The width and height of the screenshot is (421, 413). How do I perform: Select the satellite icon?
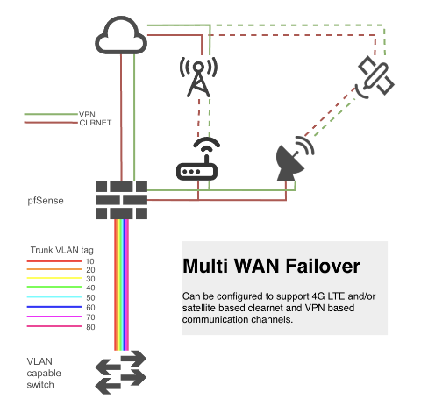(x=375, y=77)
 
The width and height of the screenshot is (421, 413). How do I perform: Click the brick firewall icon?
(x=121, y=200)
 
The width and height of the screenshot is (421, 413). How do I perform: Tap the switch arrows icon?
(x=121, y=373)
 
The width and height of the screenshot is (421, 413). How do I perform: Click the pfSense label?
(x=46, y=201)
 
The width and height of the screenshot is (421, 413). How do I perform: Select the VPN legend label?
(x=87, y=114)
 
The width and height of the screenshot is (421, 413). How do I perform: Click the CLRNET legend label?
(x=96, y=123)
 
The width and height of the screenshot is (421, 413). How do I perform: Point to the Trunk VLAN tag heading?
(x=62, y=250)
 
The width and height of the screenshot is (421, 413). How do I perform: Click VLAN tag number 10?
(x=90, y=261)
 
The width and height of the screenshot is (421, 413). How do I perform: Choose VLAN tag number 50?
(x=90, y=297)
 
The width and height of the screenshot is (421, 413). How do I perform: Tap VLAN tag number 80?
(x=90, y=327)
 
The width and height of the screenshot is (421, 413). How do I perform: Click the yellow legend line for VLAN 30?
(x=54, y=278)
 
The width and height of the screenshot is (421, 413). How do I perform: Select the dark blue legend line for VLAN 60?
(x=54, y=307)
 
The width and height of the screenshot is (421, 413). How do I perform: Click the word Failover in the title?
(x=323, y=266)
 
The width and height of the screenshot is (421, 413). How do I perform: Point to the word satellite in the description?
(x=199, y=308)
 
